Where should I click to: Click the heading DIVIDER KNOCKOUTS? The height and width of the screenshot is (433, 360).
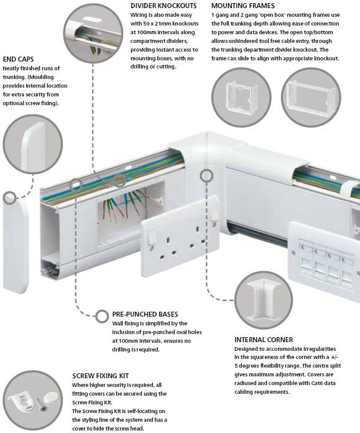[x=164, y=6]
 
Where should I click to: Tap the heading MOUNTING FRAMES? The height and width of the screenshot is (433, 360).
[x=243, y=6]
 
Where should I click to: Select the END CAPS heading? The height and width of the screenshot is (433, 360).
[x=18, y=59]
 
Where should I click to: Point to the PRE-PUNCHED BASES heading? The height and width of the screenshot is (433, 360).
[x=145, y=314]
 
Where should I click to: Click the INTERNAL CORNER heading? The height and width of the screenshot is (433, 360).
[x=264, y=340]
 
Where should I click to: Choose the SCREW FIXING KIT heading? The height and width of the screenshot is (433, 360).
[x=101, y=376]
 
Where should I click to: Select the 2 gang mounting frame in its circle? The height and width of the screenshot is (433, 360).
[x=312, y=96]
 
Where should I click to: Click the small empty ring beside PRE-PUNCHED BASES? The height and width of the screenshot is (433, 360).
[x=102, y=316]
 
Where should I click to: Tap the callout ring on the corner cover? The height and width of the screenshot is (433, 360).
[x=206, y=175]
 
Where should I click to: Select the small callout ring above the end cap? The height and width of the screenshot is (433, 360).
[x=10, y=198]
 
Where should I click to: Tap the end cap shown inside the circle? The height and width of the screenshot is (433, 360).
[x=34, y=146]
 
